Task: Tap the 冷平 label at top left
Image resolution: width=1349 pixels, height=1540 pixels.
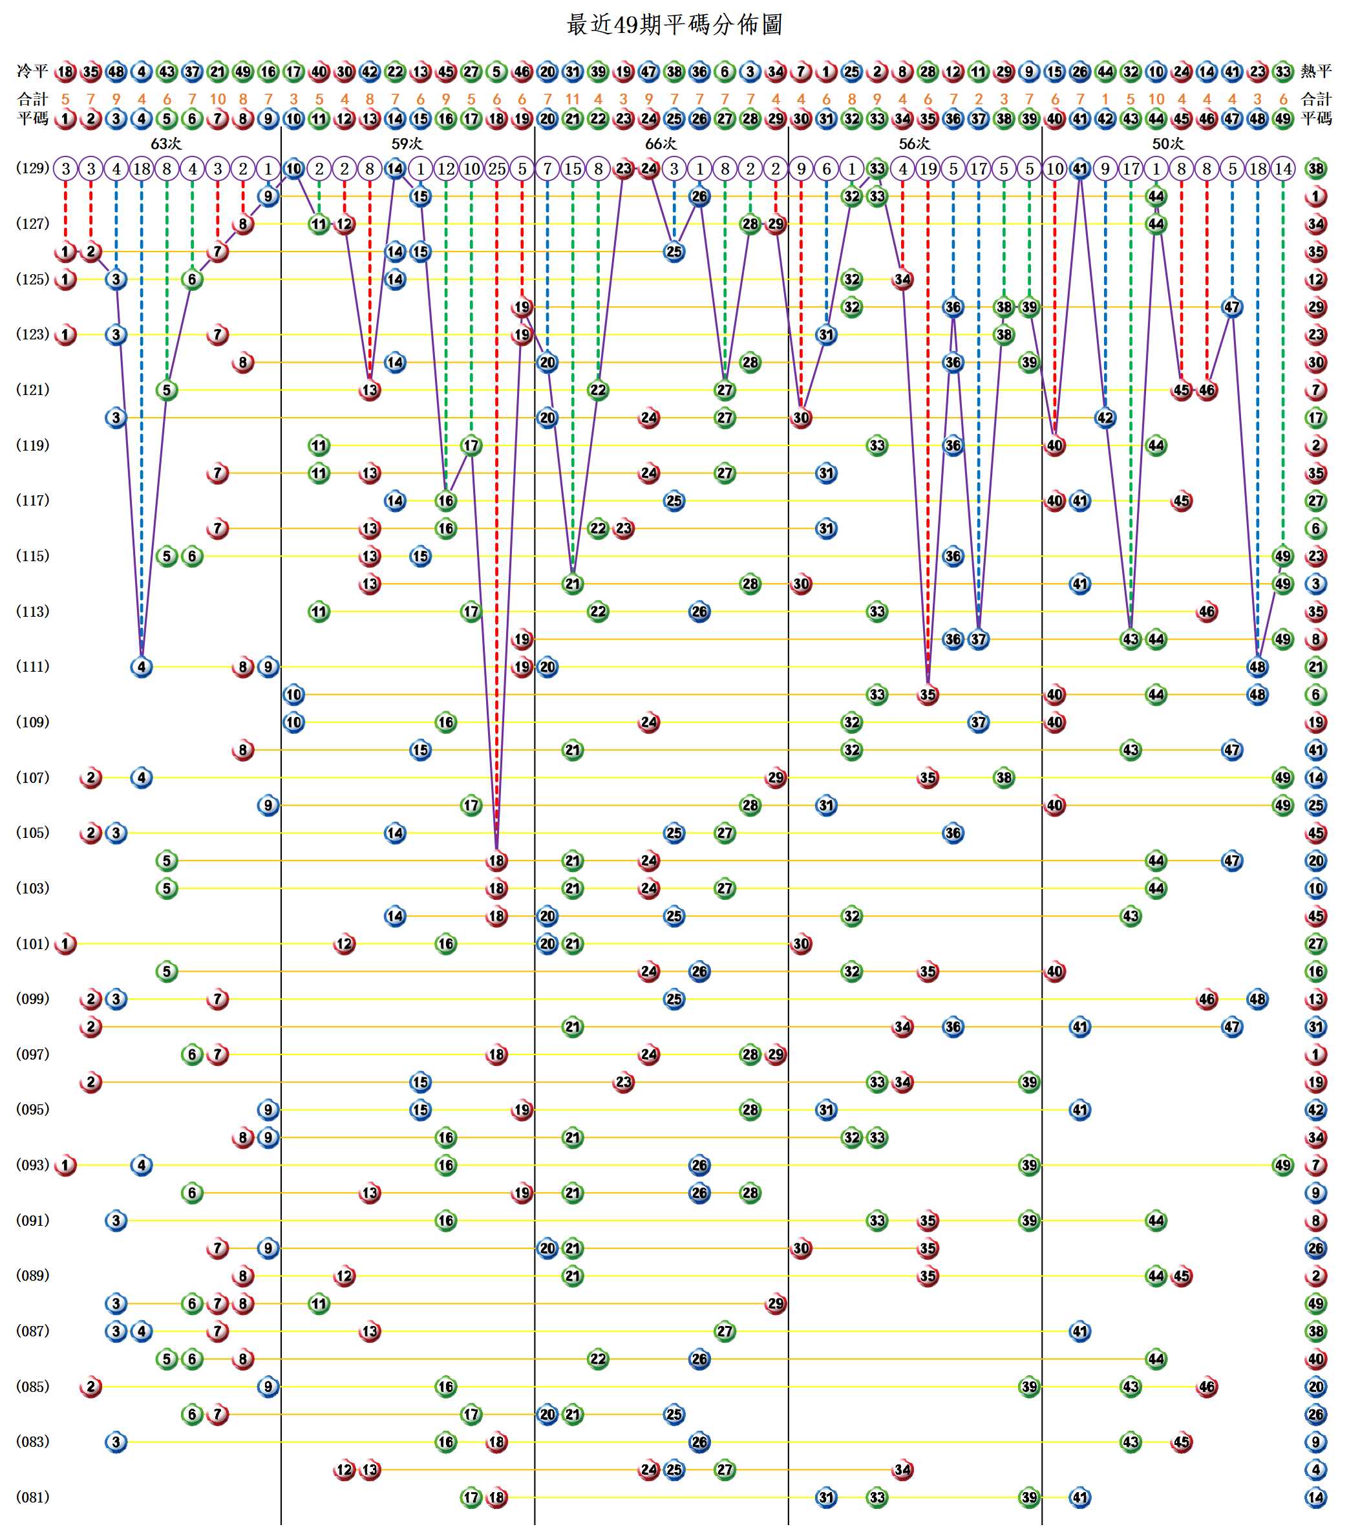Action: [32, 72]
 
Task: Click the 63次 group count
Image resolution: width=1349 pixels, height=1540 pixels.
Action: [165, 144]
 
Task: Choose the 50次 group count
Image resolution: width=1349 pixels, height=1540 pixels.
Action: [1167, 144]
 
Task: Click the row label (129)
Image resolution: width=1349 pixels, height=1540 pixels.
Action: [32, 169]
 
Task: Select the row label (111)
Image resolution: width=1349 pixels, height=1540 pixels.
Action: [32, 667]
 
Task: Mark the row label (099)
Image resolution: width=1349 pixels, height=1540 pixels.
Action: [32, 999]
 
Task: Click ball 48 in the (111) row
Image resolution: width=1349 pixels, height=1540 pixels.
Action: [1257, 667]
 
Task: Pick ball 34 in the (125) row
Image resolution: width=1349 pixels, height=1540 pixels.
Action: [902, 279]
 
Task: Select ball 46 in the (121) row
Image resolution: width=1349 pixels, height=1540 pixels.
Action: [1207, 390]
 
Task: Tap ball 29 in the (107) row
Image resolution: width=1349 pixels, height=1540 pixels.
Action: [776, 777]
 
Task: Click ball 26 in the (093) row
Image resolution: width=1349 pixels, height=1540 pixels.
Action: [699, 1165]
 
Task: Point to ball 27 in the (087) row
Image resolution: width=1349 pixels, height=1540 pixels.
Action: [724, 1331]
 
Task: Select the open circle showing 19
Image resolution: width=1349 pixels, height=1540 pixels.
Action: [928, 169]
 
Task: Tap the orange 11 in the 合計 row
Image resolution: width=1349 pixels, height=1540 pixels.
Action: [572, 99]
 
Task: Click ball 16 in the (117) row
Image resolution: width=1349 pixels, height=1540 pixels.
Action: [445, 501]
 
